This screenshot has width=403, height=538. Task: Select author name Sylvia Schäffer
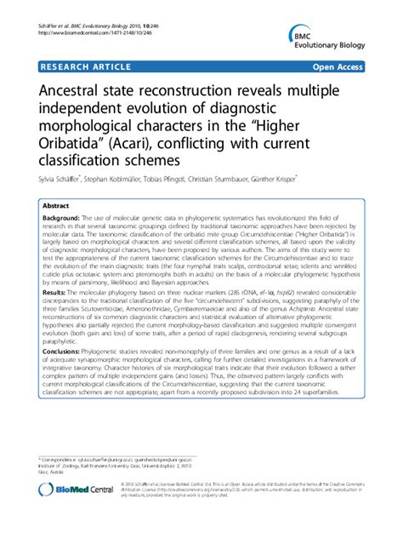pyautogui.click(x=62, y=180)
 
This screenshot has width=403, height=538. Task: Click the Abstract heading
pyautogui.click(x=56, y=207)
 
